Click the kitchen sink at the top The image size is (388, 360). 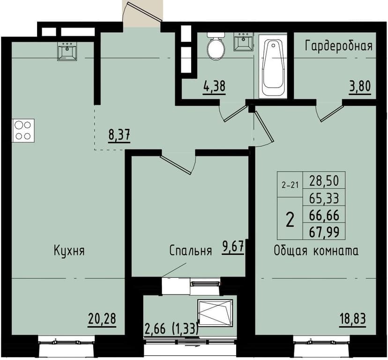68,51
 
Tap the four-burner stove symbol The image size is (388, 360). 22,131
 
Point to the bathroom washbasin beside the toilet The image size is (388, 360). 243,43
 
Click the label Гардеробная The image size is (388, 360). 338,46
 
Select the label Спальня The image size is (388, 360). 191,251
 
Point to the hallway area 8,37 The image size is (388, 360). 119,135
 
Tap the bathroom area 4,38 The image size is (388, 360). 214,87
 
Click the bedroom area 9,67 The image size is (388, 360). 233,247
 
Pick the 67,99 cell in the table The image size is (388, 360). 325,231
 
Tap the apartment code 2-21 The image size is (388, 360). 290,185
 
